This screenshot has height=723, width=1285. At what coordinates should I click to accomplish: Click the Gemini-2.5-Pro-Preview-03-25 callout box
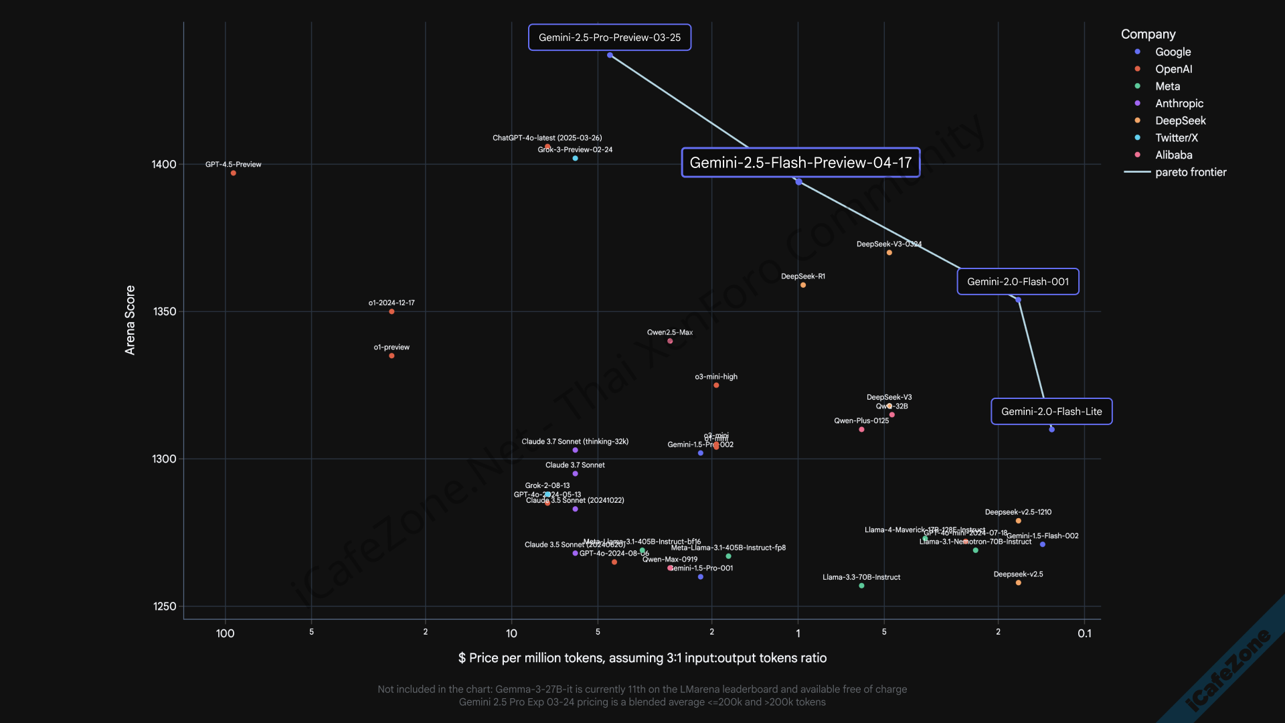tap(609, 37)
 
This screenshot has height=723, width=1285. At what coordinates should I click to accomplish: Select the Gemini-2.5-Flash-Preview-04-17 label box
tap(800, 163)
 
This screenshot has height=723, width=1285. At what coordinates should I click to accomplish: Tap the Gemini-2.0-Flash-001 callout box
tap(1017, 282)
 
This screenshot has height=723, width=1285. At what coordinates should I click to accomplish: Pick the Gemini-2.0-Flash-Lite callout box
tap(1051, 412)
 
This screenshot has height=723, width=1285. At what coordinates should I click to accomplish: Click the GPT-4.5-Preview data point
tap(234, 173)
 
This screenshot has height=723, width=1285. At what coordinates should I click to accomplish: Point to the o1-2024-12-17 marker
tap(392, 312)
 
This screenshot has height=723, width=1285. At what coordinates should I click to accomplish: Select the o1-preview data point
tap(392, 356)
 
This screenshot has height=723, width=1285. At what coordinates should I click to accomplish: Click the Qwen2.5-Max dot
tap(670, 341)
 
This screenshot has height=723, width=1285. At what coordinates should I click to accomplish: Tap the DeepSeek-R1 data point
tap(803, 285)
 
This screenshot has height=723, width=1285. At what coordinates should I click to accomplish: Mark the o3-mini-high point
tap(716, 386)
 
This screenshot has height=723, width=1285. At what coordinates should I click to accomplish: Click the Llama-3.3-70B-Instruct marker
tap(861, 586)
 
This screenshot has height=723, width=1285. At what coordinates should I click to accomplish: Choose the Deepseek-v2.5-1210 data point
tap(1018, 521)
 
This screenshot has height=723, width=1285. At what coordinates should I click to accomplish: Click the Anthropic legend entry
tap(1179, 104)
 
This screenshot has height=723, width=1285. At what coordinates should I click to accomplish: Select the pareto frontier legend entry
tap(1190, 173)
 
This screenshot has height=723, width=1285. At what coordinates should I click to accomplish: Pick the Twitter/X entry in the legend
tap(1176, 138)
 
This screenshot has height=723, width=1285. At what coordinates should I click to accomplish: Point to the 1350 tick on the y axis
tap(165, 312)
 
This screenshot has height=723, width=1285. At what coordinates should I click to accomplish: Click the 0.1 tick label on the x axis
tap(1084, 634)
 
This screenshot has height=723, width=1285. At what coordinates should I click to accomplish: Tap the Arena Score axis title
tap(130, 320)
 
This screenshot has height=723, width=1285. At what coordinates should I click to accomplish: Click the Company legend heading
tap(1148, 34)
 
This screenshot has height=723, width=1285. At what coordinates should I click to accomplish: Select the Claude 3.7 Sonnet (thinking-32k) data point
tap(575, 451)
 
